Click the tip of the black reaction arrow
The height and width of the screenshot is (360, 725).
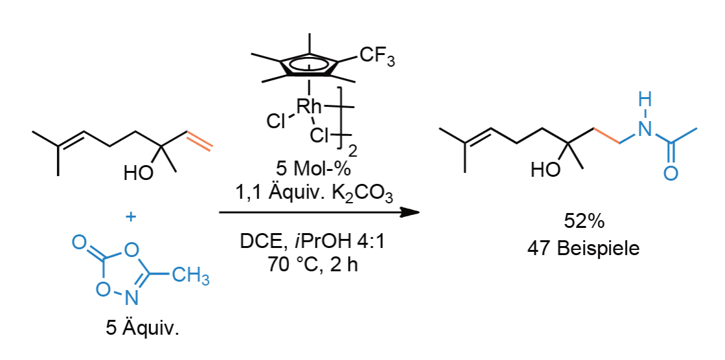419,212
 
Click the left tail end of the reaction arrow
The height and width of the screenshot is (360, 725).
219,212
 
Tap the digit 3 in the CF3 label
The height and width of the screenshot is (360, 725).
391,62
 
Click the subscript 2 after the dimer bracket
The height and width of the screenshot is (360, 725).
353,151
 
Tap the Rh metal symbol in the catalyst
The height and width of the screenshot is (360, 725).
308,107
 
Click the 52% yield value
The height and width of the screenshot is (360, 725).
584,222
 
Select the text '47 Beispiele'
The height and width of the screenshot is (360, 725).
584,249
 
